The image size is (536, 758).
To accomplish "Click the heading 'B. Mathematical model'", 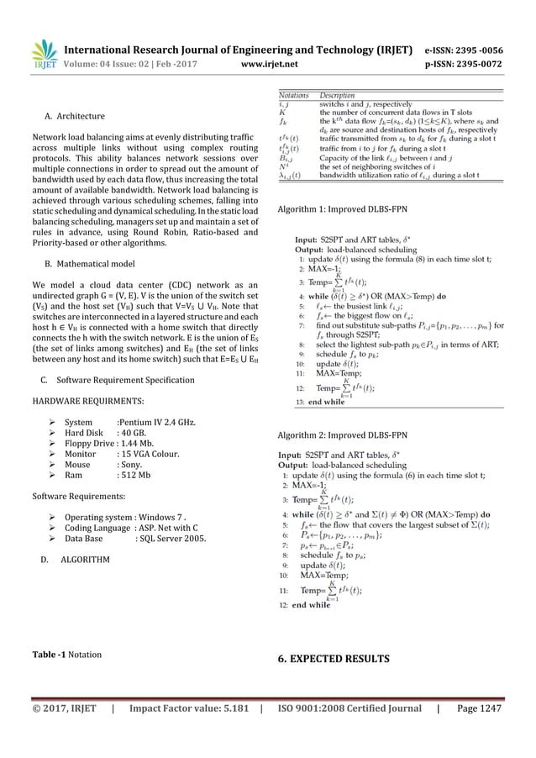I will coord(92,265).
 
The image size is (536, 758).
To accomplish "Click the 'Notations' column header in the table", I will coord(296,96).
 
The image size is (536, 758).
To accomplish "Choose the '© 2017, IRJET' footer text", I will coord(62,733).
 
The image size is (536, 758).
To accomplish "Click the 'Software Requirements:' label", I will coord(79,497).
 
